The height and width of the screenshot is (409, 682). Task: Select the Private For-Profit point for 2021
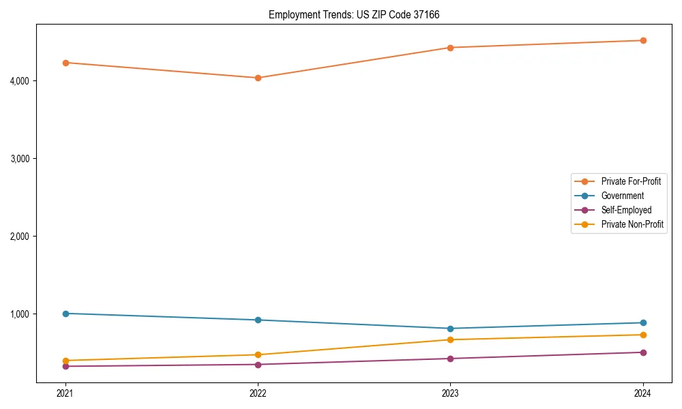tap(65, 63)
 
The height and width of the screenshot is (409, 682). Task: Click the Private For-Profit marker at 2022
tap(258, 78)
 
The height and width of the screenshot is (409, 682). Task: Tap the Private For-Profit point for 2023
tap(450, 48)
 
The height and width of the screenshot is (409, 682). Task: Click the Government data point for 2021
tap(65, 314)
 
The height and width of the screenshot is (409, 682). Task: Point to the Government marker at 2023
tap(450, 329)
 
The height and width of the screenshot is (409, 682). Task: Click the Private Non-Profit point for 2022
tap(258, 354)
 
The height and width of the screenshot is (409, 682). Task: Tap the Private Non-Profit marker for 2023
tap(450, 339)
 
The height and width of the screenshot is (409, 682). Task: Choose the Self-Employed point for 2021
tap(65, 366)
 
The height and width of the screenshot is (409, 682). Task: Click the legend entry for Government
tap(622, 196)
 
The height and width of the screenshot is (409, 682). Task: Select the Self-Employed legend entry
tap(626, 210)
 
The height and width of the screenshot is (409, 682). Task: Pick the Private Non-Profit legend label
tap(632, 224)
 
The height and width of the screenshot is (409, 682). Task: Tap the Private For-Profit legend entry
tap(631, 181)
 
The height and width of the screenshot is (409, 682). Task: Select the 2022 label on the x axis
tap(258, 393)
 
